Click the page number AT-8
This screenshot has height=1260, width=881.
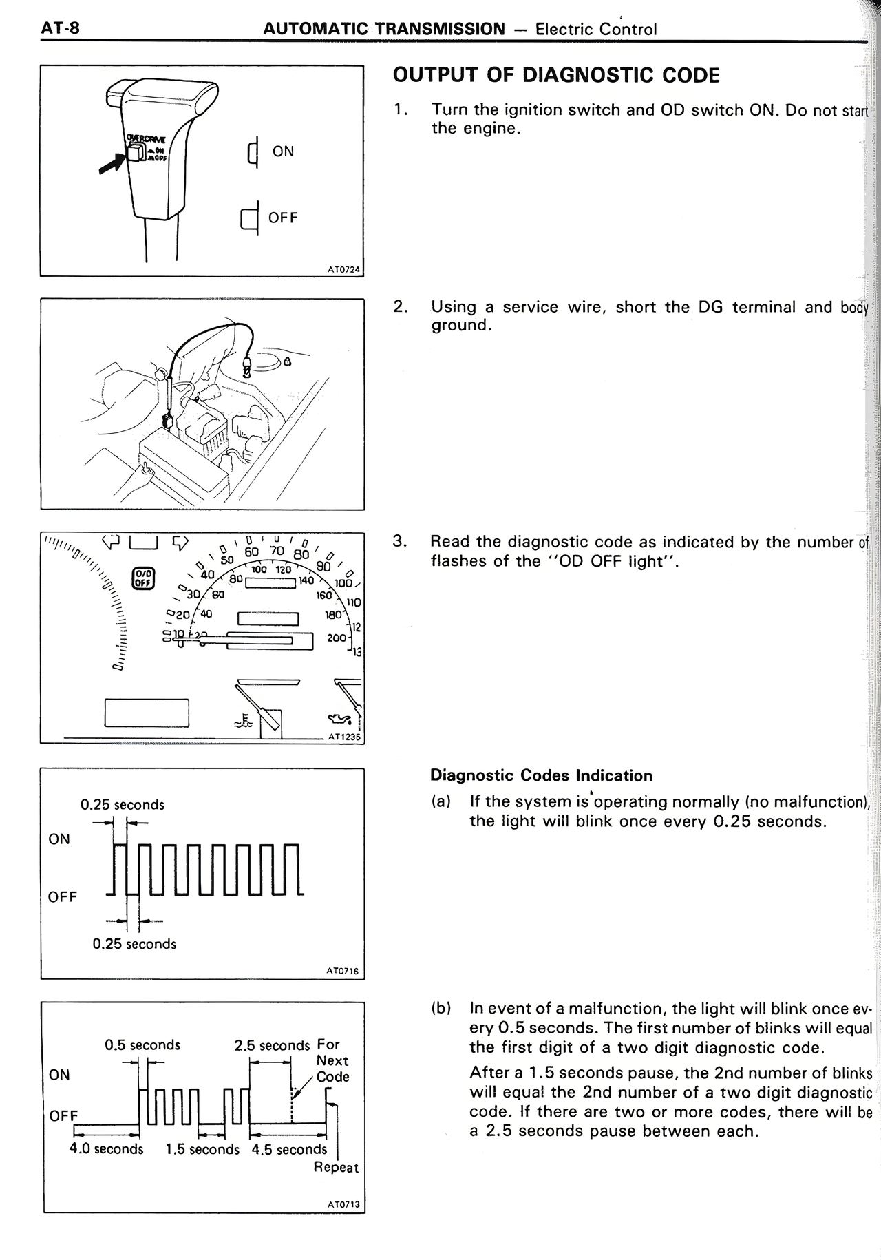[x=60, y=28]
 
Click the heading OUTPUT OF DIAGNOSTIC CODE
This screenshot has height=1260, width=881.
[x=555, y=75]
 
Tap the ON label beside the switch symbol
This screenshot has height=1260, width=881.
[x=283, y=151]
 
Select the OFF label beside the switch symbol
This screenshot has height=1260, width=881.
[x=283, y=218]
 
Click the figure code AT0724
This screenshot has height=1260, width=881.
[x=343, y=270]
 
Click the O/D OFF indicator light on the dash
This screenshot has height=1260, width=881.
[x=143, y=578]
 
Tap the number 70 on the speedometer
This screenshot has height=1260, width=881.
[x=277, y=550]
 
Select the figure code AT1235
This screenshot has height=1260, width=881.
[x=343, y=736]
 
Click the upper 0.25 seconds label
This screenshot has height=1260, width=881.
[x=123, y=804]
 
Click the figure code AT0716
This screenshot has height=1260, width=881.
[x=342, y=971]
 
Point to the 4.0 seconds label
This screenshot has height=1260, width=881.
[x=107, y=1149]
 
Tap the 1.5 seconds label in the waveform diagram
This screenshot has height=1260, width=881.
[x=202, y=1149]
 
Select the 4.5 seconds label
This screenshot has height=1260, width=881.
[x=289, y=1149]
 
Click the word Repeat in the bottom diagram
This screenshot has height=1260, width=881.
[x=336, y=1167]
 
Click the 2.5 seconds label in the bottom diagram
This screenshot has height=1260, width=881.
[x=272, y=1045]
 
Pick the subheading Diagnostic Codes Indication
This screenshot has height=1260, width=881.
[x=541, y=775]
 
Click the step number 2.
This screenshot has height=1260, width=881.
[x=399, y=306]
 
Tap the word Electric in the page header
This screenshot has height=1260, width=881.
[x=562, y=29]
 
